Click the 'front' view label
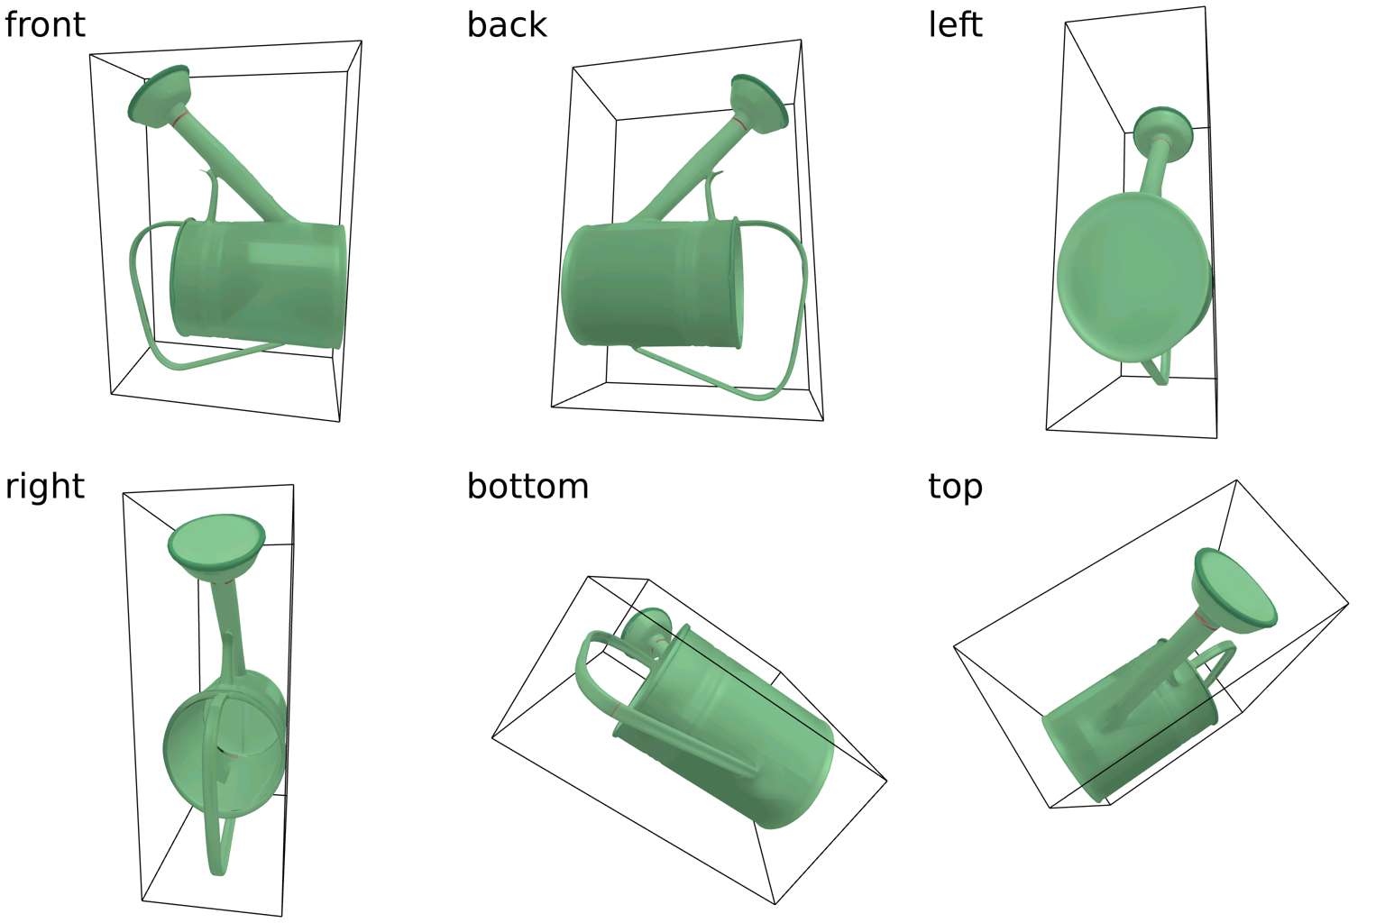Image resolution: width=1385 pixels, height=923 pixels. [44, 24]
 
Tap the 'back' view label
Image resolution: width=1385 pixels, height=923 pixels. [507, 24]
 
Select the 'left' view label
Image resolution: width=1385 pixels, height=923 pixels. [955, 24]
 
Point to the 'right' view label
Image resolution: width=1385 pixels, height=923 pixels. [44, 487]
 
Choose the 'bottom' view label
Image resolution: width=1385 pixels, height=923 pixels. [527, 487]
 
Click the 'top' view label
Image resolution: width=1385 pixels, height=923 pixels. [955, 488]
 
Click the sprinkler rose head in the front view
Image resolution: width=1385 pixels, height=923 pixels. [159, 96]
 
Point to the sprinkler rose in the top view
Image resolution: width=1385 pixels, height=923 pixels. [1235, 591]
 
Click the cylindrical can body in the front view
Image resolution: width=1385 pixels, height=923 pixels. [258, 283]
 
